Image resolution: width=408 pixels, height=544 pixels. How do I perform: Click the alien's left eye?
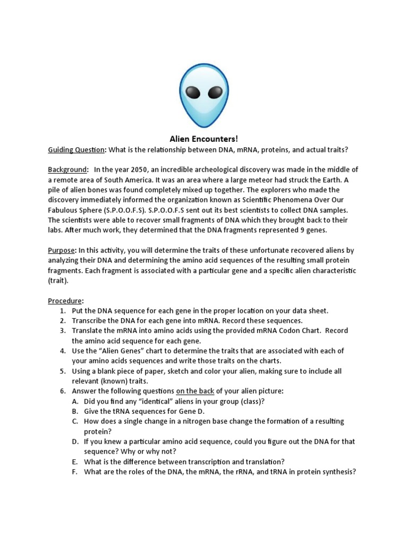tap(193, 93)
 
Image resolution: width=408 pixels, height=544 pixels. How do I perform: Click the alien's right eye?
tap(215, 93)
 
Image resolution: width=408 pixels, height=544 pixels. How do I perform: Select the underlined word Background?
tap(67, 169)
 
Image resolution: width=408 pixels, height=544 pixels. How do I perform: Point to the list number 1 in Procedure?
tap(62, 311)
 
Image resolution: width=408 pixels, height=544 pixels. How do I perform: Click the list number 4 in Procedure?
tap(62, 351)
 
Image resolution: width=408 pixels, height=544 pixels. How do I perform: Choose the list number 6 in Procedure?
tap(62, 391)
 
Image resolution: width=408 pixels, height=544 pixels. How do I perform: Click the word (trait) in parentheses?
tap(58, 280)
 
